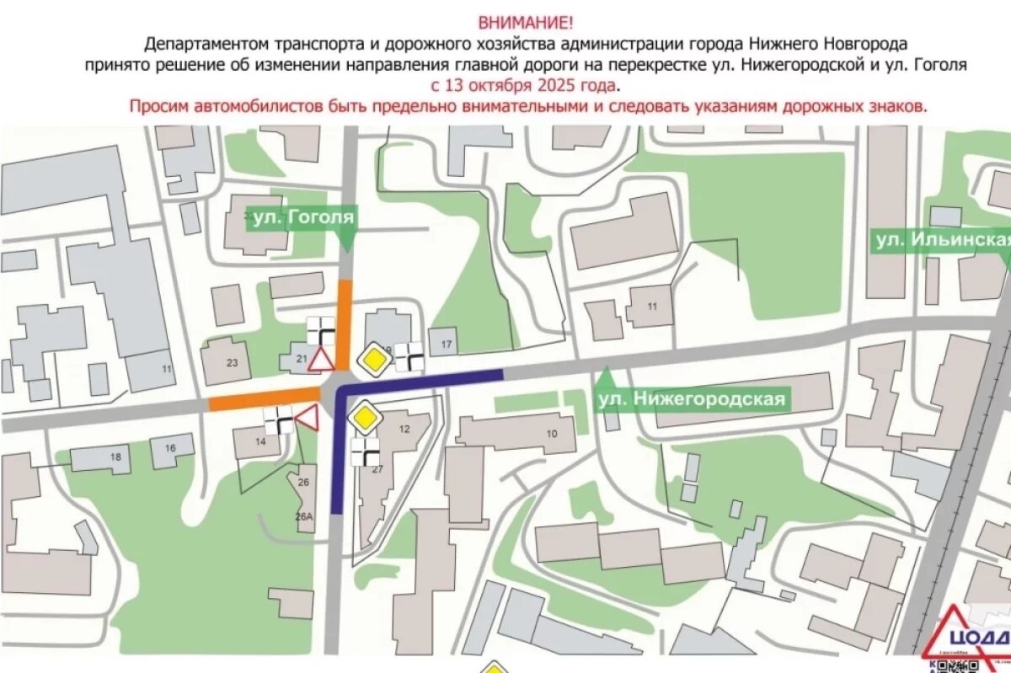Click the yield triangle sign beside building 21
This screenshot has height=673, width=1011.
pos(320,360)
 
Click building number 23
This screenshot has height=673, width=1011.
pos(233,363)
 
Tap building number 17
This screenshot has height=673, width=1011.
pos(446,344)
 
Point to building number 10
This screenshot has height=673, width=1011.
pos(552,434)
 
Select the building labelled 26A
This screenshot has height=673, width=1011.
pos(303,516)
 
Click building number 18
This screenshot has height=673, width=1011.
pos(115,457)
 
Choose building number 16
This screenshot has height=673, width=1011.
pos(170,449)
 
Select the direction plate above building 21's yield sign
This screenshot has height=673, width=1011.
pos(321,330)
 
